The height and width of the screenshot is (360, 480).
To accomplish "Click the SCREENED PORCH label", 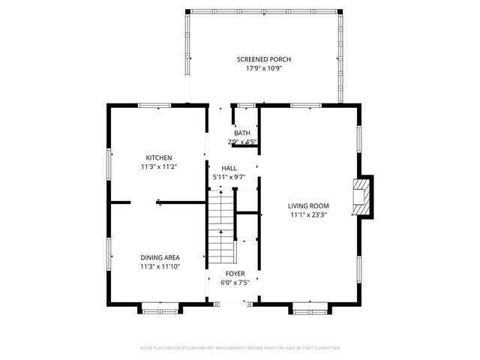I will (263, 59).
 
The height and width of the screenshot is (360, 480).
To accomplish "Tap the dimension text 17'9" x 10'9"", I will (263, 68).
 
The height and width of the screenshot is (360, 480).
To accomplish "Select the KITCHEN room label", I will (159, 157).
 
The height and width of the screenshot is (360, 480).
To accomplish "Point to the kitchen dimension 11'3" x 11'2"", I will (159, 166).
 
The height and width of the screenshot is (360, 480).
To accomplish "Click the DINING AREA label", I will (159, 257).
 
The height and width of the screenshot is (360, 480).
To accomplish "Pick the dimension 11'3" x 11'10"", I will (159, 266).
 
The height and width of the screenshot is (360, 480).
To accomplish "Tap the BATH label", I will (242, 133).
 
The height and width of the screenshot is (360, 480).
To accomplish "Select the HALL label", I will (229, 168).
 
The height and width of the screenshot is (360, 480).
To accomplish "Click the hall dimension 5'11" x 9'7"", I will (229, 176).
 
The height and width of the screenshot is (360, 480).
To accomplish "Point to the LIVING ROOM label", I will (308, 205).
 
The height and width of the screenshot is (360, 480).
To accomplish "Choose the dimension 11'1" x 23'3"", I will (308, 214).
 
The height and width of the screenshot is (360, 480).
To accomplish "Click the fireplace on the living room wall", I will (364, 195).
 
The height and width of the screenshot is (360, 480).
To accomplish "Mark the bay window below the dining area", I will (160, 307).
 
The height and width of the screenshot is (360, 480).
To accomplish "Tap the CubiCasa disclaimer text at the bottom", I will (240, 348).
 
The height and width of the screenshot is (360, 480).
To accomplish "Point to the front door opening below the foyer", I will (233, 304).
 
